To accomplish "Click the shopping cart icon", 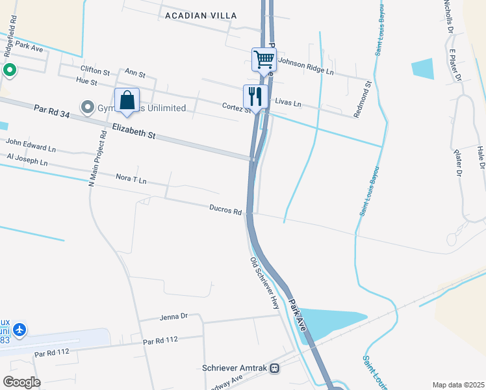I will point(264,59).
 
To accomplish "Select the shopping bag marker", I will point(127,101).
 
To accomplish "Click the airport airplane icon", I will point(19,330).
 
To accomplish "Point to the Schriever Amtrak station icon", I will point(275,368).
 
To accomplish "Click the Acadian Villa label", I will point(201,15).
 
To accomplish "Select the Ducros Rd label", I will point(225,211).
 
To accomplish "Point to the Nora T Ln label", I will point(131,178).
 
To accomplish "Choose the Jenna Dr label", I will point(173,317).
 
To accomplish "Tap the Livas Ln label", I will point(288,103).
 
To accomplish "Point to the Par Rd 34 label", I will point(52,112).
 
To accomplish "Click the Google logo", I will point(21,382).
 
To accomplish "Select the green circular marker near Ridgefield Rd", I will point(9,70).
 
